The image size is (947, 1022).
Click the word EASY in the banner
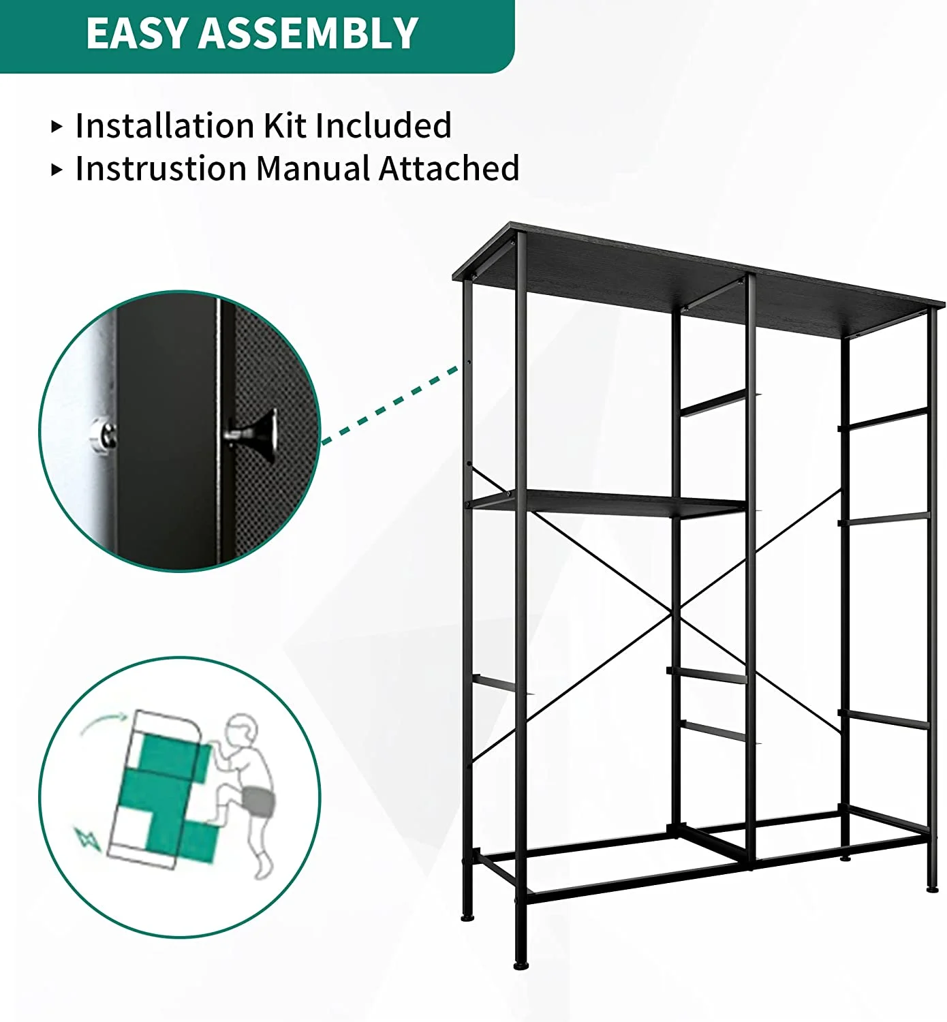(x=136, y=33)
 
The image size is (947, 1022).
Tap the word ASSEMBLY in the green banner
(x=308, y=33)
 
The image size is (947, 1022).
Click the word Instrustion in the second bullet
(x=161, y=168)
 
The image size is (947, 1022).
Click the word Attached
(x=449, y=168)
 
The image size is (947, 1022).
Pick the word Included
(x=384, y=125)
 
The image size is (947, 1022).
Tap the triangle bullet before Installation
(x=57, y=127)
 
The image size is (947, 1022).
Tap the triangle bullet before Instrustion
(x=57, y=170)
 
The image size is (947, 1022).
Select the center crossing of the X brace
(x=677, y=612)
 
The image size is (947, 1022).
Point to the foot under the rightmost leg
(x=932, y=888)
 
